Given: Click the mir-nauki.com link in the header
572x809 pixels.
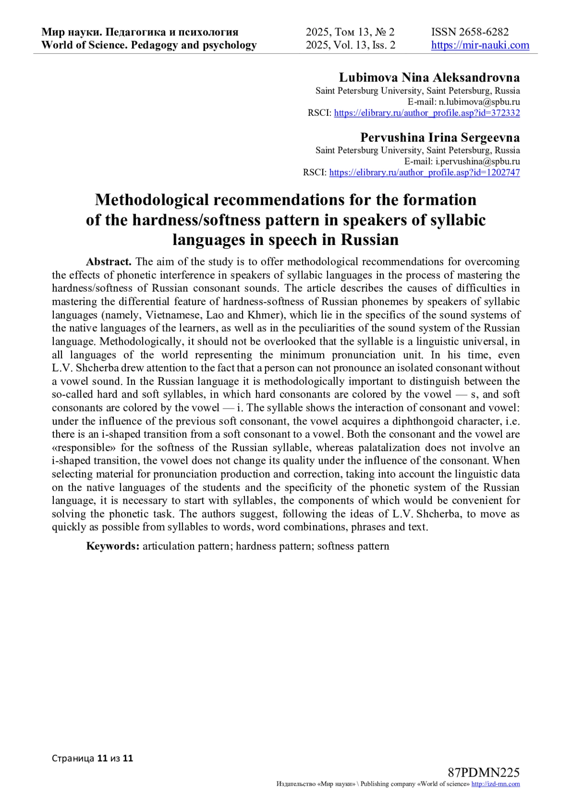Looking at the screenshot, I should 480,45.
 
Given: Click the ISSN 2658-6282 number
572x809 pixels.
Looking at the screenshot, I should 470,32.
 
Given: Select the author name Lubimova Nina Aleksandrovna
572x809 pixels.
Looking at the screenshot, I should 429,78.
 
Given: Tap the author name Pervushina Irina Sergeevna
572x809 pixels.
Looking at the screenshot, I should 440,138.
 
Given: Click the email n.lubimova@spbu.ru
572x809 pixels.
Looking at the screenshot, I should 479,102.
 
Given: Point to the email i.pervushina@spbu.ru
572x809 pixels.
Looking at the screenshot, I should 478,162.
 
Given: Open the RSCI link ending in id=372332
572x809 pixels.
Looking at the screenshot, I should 427,113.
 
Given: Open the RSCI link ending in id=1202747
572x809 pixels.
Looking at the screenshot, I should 424,173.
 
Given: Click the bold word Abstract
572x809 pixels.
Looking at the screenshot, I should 109,262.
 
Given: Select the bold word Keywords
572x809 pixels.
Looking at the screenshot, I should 112,546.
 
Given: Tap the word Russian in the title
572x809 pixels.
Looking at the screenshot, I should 369,239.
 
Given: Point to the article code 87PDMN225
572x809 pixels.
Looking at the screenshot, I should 483,773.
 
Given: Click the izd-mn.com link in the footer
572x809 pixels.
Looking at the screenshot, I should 495,784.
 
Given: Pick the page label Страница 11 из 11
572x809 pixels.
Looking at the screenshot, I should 92,758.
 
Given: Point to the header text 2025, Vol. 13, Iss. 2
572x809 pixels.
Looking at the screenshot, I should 350,45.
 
